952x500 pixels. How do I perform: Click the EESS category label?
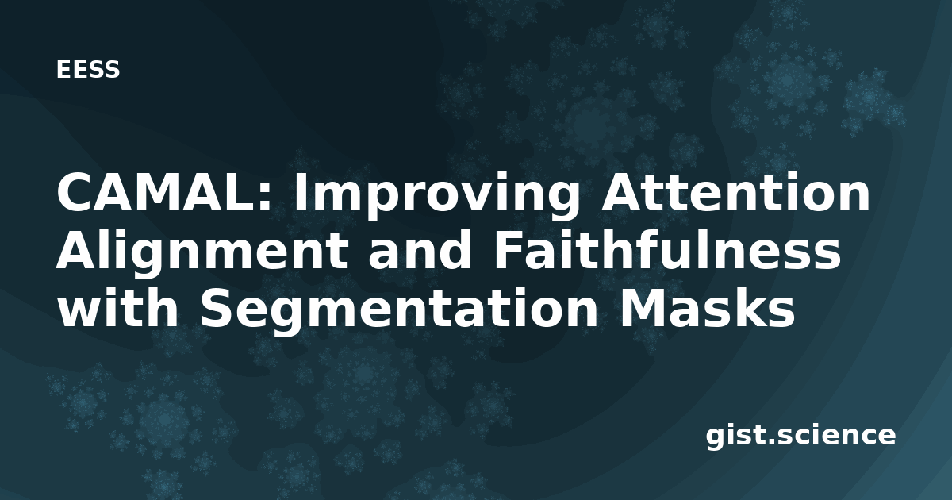click(88, 69)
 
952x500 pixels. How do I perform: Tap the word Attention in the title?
click(735, 192)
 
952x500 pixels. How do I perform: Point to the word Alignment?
click(203, 254)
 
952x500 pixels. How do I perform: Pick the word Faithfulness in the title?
click(667, 250)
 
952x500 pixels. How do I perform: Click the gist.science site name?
click(800, 437)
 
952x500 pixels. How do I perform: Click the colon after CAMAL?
click(265, 197)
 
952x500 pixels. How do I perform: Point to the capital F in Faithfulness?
click(508, 251)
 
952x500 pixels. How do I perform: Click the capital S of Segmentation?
click(216, 309)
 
